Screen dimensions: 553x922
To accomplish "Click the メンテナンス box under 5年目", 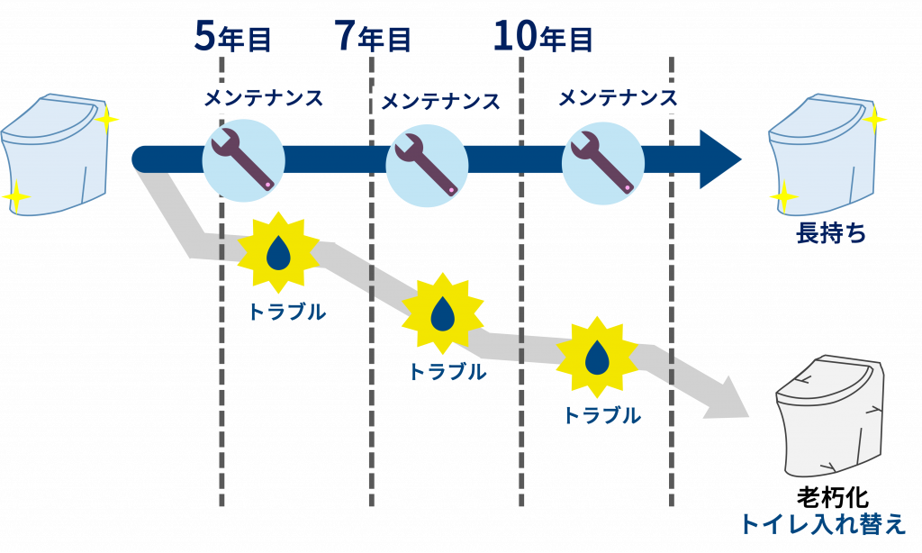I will (x=264, y=97).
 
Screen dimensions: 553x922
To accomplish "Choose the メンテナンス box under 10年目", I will (x=619, y=97).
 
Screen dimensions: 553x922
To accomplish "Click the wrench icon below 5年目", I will (x=243, y=160).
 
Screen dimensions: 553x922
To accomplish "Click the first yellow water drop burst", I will (x=278, y=254).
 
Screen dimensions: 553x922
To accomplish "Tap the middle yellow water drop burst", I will (x=442, y=313).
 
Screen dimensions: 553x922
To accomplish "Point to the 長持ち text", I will (x=830, y=234).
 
